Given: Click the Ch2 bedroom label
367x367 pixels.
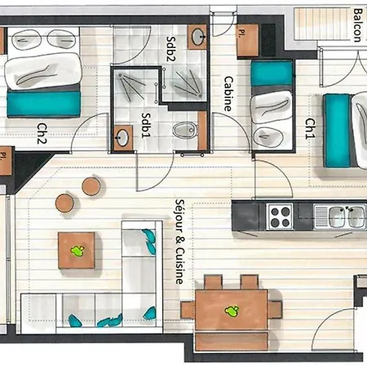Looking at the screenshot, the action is click(42, 133).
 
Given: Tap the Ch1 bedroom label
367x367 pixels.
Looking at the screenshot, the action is click(310, 128).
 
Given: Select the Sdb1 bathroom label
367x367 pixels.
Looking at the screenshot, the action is click(146, 126).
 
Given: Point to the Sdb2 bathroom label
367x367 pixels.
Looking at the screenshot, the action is click(171, 49).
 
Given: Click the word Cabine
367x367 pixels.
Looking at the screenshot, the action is click(228, 94).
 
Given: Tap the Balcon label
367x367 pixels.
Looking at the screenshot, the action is click(358, 25).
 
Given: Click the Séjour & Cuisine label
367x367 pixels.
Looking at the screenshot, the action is click(179, 241).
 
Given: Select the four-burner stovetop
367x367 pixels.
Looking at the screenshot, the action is click(280, 217).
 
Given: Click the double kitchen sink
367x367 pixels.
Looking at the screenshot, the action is click(340, 217).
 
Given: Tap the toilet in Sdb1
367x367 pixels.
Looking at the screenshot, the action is click(185, 130).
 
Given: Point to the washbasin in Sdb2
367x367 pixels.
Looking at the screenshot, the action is click(197, 37).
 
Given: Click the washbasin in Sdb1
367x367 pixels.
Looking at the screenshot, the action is click(123, 138).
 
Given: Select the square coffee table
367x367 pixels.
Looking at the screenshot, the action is click(77, 250).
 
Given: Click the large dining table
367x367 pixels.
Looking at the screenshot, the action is click(232, 310).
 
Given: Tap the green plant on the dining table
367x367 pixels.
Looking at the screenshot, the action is click(232, 310).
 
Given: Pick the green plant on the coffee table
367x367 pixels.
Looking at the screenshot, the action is click(77, 250).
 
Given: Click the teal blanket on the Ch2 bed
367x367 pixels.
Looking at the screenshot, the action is click(44, 104).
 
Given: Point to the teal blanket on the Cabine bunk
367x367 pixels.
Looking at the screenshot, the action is click(272, 73).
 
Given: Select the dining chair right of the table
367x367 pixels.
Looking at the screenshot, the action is click(275, 309).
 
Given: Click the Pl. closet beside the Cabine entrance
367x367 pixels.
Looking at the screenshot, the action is click(247, 41).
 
